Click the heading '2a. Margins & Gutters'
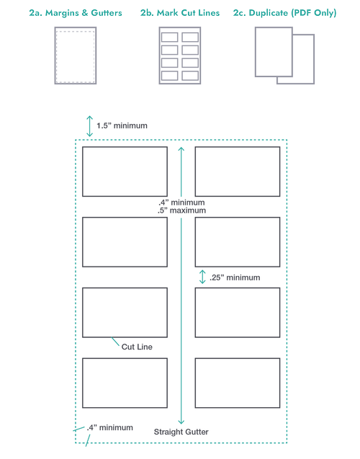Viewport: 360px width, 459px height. (76, 13)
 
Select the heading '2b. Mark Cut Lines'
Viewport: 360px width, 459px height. (180, 13)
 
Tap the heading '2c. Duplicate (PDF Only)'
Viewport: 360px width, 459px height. (285, 13)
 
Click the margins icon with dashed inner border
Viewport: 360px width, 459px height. (76, 55)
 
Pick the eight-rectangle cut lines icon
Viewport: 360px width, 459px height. (180, 55)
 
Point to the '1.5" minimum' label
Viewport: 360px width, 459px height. (122, 126)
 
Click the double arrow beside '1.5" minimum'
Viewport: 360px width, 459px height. (89, 126)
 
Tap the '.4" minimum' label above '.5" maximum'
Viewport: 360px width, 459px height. (181, 202)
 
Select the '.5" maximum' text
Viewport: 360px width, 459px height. (181, 210)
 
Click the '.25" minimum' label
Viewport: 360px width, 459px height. (235, 277)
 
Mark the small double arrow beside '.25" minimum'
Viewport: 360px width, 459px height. (202, 277)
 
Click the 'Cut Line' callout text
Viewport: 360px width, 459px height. (137, 347)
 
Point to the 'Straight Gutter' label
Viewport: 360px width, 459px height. (181, 432)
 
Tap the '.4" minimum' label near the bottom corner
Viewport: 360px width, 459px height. (109, 428)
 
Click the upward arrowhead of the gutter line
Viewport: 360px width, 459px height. (181, 149)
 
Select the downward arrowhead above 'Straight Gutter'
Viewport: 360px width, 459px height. (181, 422)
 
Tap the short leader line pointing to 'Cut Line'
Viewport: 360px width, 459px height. (115, 342)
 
